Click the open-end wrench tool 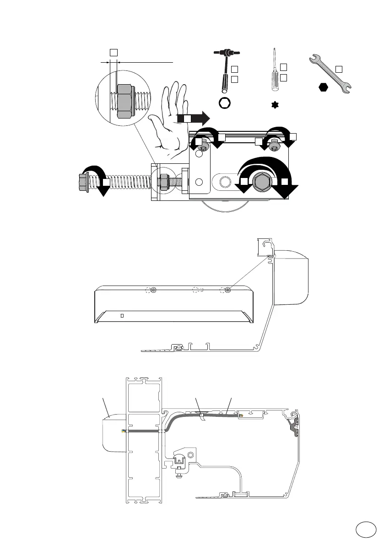(330, 74)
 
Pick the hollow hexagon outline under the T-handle (225, 104)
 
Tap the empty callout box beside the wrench (339, 69)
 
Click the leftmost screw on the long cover (153, 290)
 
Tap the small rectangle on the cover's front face (122, 315)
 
